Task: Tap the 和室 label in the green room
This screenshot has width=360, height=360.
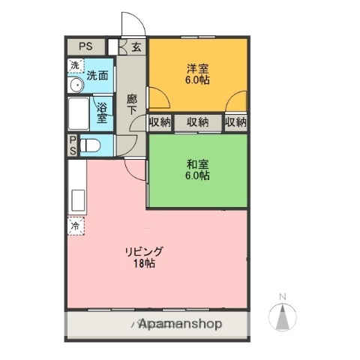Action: click(198, 163)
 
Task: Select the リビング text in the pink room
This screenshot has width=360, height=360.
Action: click(143, 252)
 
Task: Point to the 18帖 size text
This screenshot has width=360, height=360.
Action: click(144, 264)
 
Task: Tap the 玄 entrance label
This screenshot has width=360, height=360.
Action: click(136, 47)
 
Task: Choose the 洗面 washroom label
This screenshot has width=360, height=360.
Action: click(97, 74)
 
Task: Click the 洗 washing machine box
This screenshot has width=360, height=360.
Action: click(74, 64)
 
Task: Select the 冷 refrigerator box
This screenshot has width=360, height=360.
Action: click(74, 225)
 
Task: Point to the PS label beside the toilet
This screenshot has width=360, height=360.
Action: click(73, 145)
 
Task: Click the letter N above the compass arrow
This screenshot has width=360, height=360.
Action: click(283, 296)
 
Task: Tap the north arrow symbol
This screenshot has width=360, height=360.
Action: click(283, 317)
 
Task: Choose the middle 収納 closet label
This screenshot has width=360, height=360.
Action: click(198, 122)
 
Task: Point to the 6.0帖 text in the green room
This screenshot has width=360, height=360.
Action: click(198, 175)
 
